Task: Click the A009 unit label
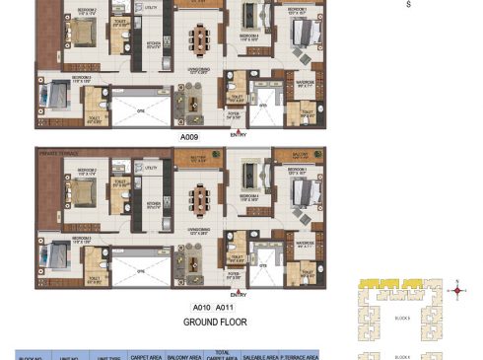click(x=189, y=138)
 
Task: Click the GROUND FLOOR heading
click(x=214, y=322)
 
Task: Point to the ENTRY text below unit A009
click(x=238, y=133)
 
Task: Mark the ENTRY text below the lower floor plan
click(x=238, y=294)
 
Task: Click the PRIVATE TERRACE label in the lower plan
click(x=56, y=154)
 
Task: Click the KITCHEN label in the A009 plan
click(x=153, y=43)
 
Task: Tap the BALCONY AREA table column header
click(x=183, y=355)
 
